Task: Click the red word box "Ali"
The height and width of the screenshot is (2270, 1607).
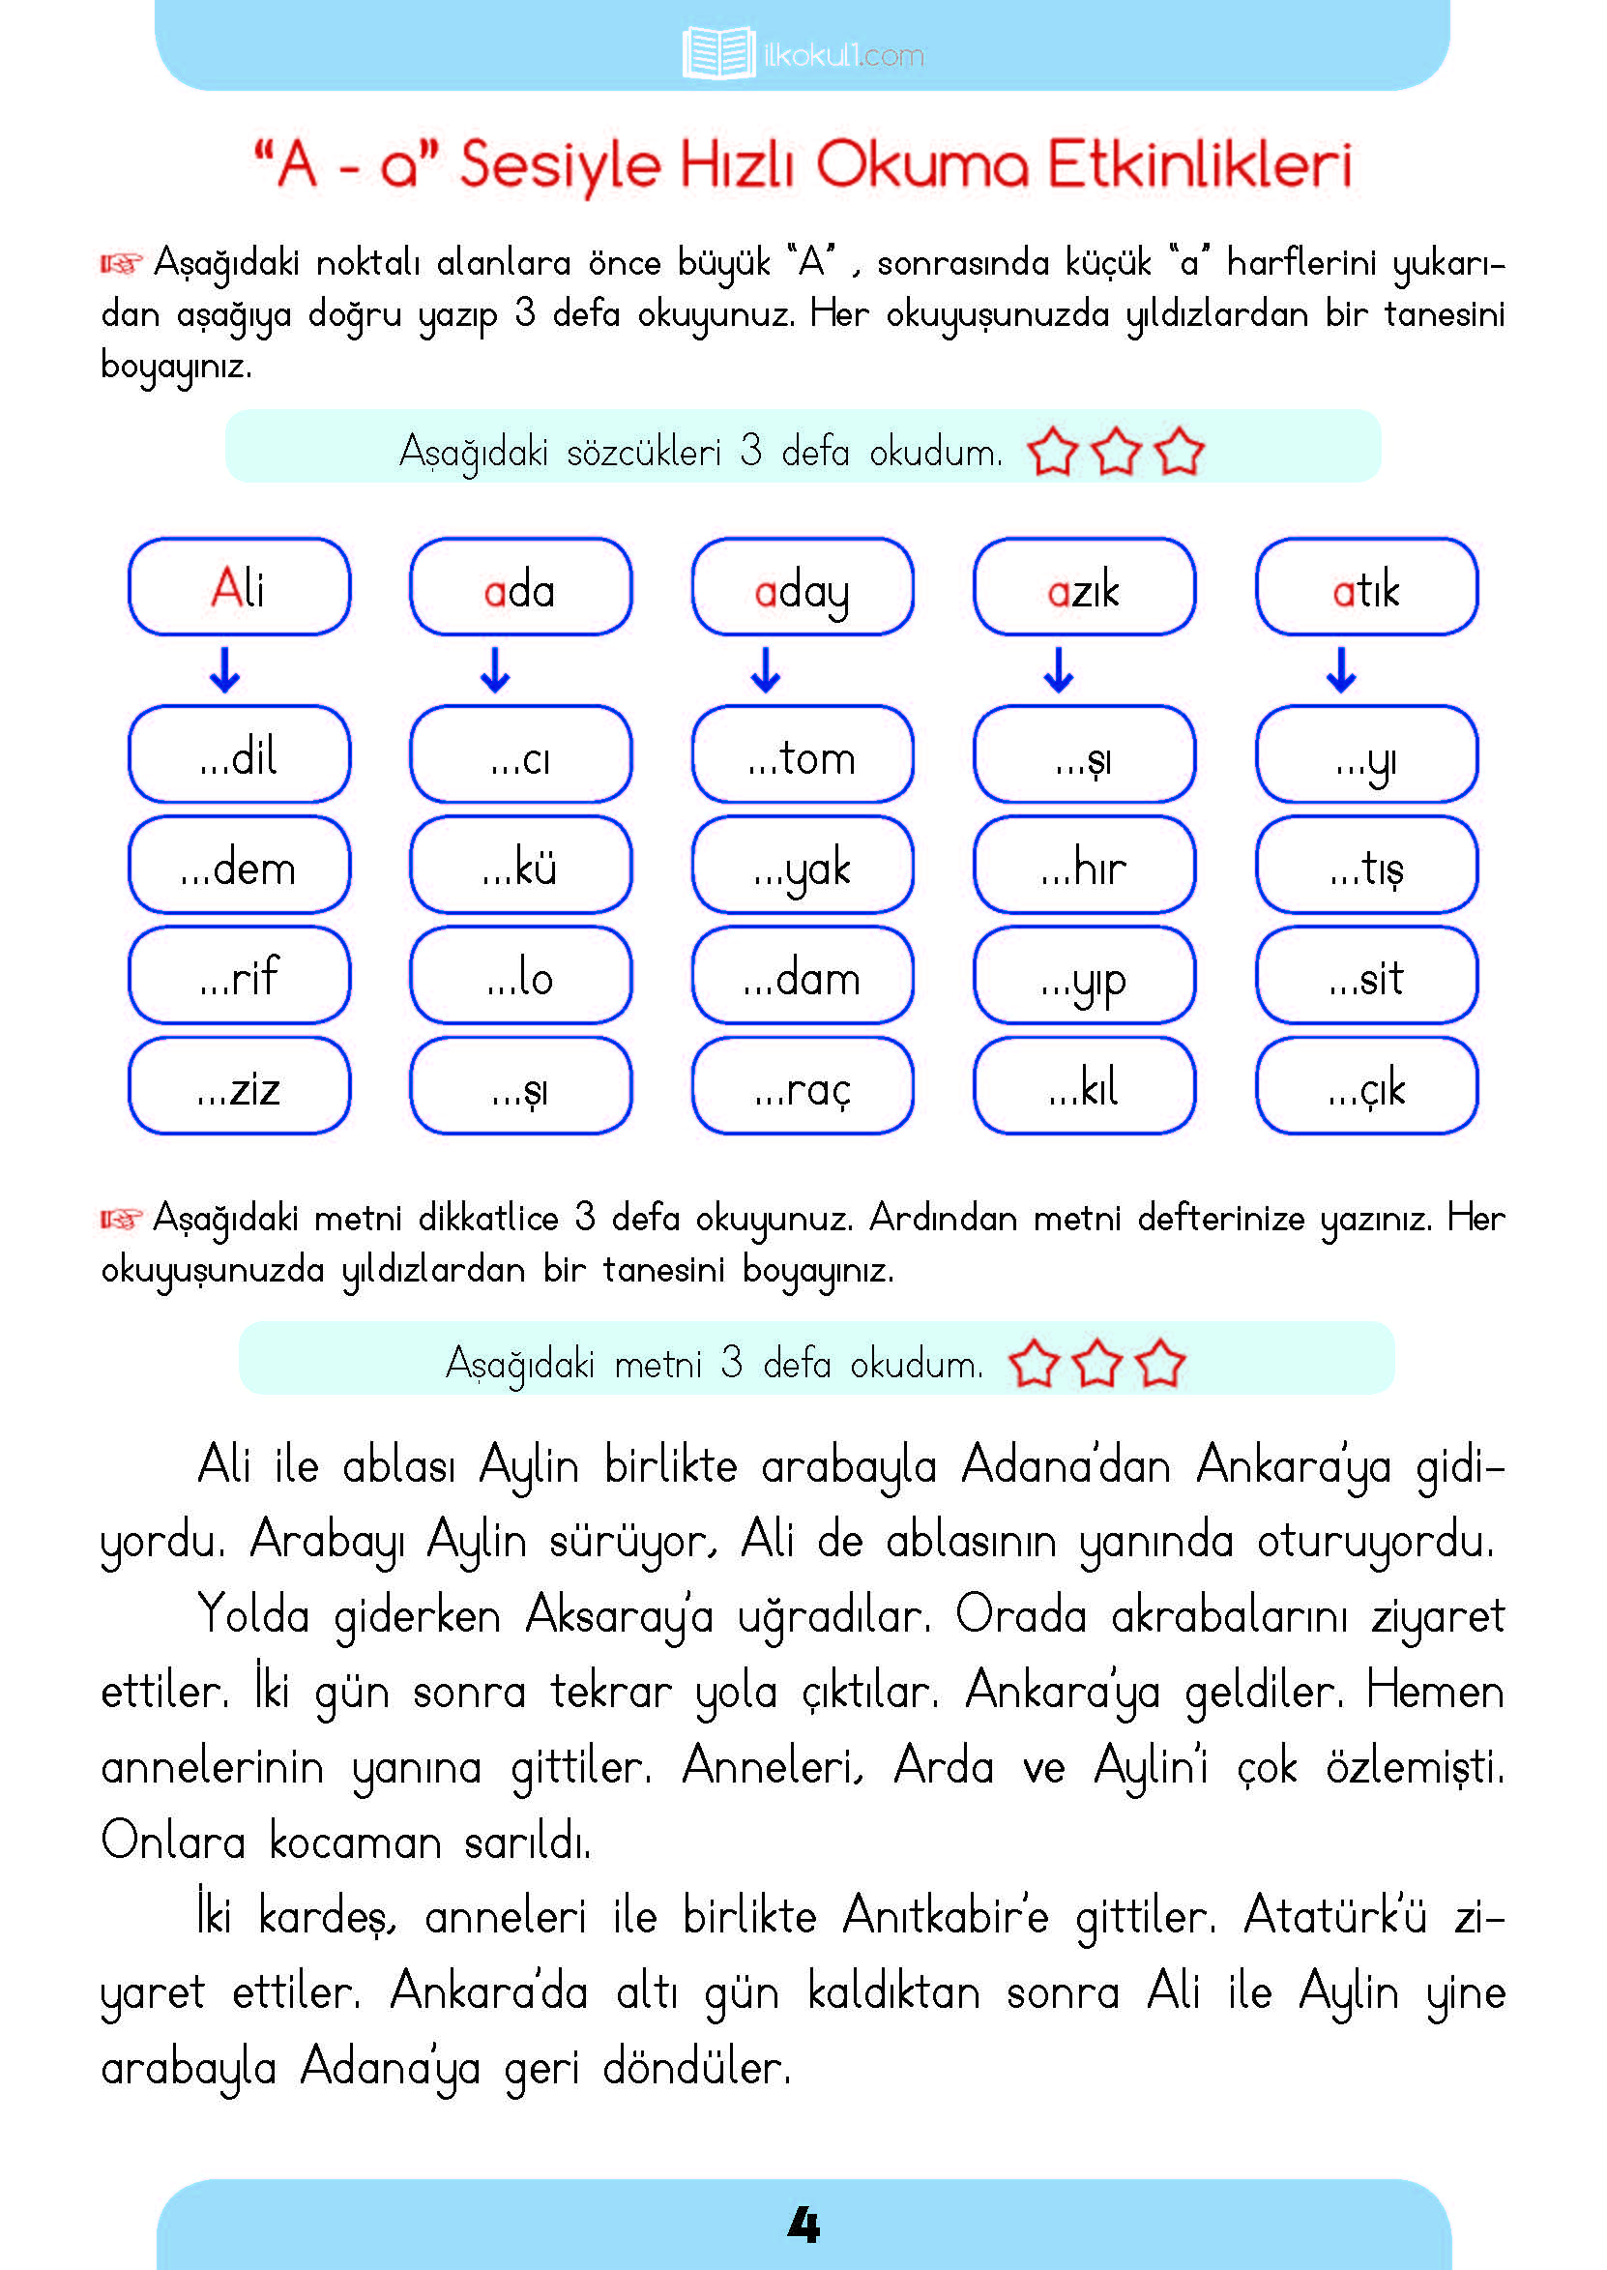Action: point(239,587)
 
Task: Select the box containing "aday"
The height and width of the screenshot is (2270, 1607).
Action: point(802,587)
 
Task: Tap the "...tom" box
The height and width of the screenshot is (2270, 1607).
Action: point(802,755)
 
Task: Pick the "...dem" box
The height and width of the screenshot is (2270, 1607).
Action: point(239,866)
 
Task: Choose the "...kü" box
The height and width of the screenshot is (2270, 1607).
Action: point(520,866)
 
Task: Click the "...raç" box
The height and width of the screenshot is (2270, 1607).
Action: point(802,1086)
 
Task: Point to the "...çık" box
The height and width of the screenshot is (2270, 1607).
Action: point(1365,1086)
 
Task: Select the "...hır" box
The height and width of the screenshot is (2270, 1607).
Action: point(1084,866)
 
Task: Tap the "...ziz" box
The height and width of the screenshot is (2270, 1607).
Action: point(239,1086)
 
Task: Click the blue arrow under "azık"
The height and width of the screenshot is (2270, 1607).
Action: point(1058,670)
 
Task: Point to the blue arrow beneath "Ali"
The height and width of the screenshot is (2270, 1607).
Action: point(224,670)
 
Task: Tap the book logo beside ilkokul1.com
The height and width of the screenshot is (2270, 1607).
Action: point(718,53)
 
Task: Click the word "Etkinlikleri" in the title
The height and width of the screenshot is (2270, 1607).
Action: point(1199,164)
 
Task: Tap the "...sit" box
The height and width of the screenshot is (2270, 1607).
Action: point(1365,977)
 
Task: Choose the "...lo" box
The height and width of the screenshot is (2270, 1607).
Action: point(520,977)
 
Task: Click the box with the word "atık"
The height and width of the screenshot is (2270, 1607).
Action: point(1365,587)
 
